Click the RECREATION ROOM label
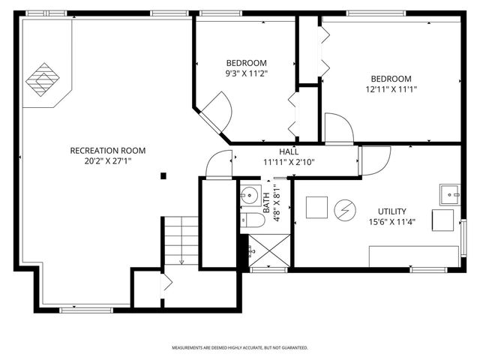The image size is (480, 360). coord(107,151)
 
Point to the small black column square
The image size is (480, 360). coord(163,177)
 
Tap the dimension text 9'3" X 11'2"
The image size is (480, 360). coord(246,73)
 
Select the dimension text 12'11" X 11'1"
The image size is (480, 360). coord(390,89)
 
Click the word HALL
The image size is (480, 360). coord(289,151)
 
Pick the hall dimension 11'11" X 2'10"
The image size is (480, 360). coord(289,161)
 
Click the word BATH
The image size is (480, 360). coord(265,199)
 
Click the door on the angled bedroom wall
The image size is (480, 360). coord(217,109)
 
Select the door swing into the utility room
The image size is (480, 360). coord(375,159)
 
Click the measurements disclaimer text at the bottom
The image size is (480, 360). coord(240,348)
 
